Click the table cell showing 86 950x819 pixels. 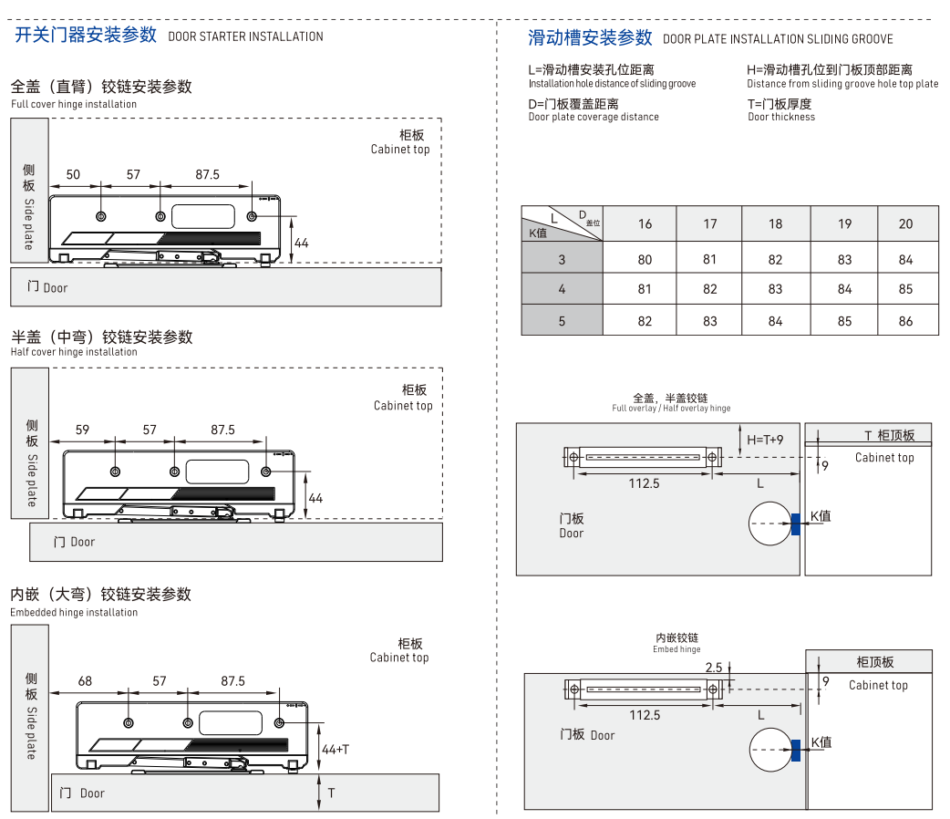(x=905, y=321)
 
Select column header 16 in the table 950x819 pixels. (x=645, y=224)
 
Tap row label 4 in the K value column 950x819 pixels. (x=562, y=289)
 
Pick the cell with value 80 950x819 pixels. (x=645, y=260)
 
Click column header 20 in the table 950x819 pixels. (x=905, y=224)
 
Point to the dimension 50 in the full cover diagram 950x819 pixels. (x=73, y=175)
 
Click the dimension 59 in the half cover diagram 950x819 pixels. (x=83, y=430)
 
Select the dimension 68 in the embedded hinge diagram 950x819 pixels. (x=85, y=681)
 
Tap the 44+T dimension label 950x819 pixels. (x=336, y=750)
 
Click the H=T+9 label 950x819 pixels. (x=765, y=440)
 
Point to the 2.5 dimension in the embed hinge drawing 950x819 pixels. (x=713, y=668)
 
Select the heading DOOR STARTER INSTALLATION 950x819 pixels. (x=245, y=36)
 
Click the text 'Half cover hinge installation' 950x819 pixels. (x=74, y=352)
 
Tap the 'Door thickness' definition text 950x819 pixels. (x=781, y=117)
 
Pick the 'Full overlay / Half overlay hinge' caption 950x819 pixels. (x=671, y=409)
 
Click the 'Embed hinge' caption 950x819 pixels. (x=676, y=649)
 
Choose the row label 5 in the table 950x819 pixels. (x=562, y=321)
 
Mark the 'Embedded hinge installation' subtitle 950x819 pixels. (x=74, y=613)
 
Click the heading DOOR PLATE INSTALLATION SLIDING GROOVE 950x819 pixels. (x=778, y=39)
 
